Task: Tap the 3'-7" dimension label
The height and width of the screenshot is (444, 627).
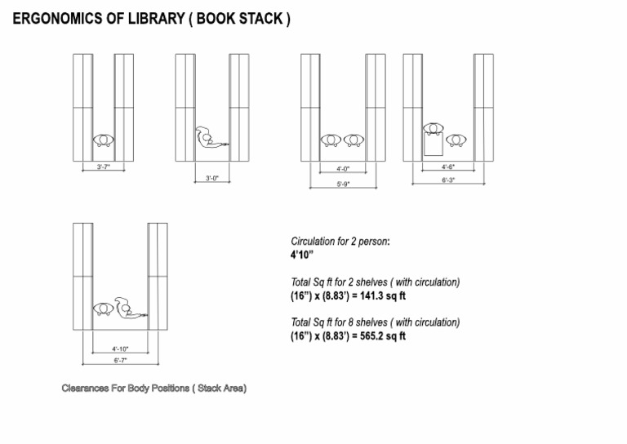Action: click(x=103, y=166)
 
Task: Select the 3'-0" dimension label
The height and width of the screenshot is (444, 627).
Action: click(x=211, y=178)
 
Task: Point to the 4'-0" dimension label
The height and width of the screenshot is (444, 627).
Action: click(x=343, y=169)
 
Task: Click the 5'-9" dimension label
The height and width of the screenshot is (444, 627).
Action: click(x=344, y=185)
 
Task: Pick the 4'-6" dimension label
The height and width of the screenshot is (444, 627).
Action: click(x=448, y=167)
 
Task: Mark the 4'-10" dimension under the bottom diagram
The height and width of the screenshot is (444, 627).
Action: click(x=120, y=349)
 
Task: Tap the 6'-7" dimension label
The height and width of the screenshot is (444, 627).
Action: click(x=120, y=360)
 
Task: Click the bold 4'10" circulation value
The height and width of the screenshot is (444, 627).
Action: click(x=302, y=255)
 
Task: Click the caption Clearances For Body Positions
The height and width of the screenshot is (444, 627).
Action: click(x=154, y=388)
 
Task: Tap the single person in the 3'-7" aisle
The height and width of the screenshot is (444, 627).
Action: click(x=103, y=140)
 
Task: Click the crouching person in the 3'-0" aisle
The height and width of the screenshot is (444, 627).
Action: click(x=209, y=139)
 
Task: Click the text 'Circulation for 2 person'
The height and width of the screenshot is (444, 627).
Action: click(x=340, y=242)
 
